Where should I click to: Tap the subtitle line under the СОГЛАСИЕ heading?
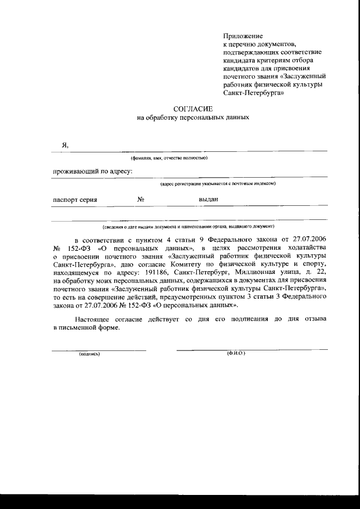[x=192, y=118]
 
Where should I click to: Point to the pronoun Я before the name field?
[x=65, y=145]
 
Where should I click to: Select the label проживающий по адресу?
[x=92, y=171]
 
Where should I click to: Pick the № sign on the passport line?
[x=141, y=199]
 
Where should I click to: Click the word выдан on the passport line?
[x=208, y=199]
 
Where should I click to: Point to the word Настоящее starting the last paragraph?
[x=87, y=318]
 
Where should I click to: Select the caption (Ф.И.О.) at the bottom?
[x=236, y=354]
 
